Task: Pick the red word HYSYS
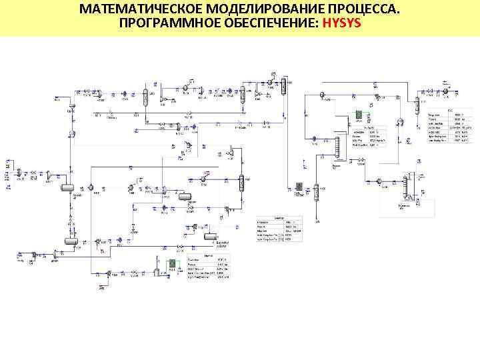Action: tap(342, 24)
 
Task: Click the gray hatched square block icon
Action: tap(299, 186)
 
